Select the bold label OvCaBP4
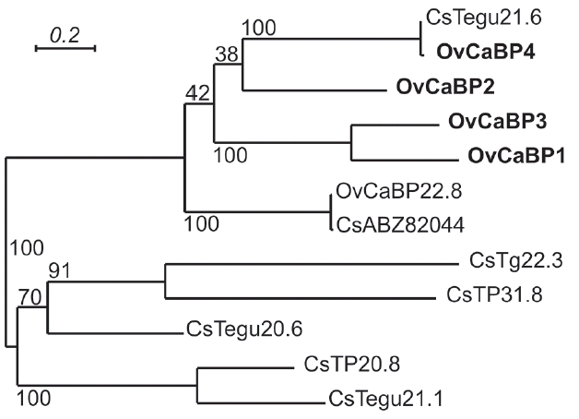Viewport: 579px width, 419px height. [467, 49]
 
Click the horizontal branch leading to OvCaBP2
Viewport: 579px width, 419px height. [313, 89]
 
